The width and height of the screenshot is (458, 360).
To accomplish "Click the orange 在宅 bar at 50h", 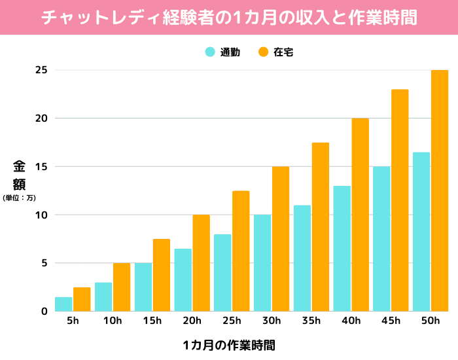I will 440,190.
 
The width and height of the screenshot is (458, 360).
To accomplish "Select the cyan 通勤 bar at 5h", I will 63,304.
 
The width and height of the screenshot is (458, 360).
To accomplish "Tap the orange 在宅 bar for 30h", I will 281,239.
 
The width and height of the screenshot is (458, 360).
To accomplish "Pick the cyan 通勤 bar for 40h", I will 342,249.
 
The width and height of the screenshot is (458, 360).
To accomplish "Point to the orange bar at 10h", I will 122,287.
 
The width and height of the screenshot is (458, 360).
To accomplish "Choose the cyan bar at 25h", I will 222,273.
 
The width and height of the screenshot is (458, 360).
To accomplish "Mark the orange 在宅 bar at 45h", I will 400,200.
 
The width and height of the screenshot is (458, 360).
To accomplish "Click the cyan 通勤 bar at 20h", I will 183,280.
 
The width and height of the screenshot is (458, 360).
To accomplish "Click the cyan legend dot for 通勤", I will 211,52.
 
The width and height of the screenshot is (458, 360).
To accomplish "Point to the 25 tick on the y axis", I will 41,70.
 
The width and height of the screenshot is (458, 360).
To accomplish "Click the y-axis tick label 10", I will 41,215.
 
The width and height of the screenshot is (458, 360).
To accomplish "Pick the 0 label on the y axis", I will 44,312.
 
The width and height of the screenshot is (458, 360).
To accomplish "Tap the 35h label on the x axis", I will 311,321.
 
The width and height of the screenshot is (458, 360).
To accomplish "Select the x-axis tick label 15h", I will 152,321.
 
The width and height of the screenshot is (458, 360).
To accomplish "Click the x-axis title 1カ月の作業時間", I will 228,344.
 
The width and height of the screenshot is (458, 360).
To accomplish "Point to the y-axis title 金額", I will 19,174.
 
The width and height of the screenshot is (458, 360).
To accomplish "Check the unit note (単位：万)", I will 19,197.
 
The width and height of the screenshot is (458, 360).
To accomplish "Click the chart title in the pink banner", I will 229,17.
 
